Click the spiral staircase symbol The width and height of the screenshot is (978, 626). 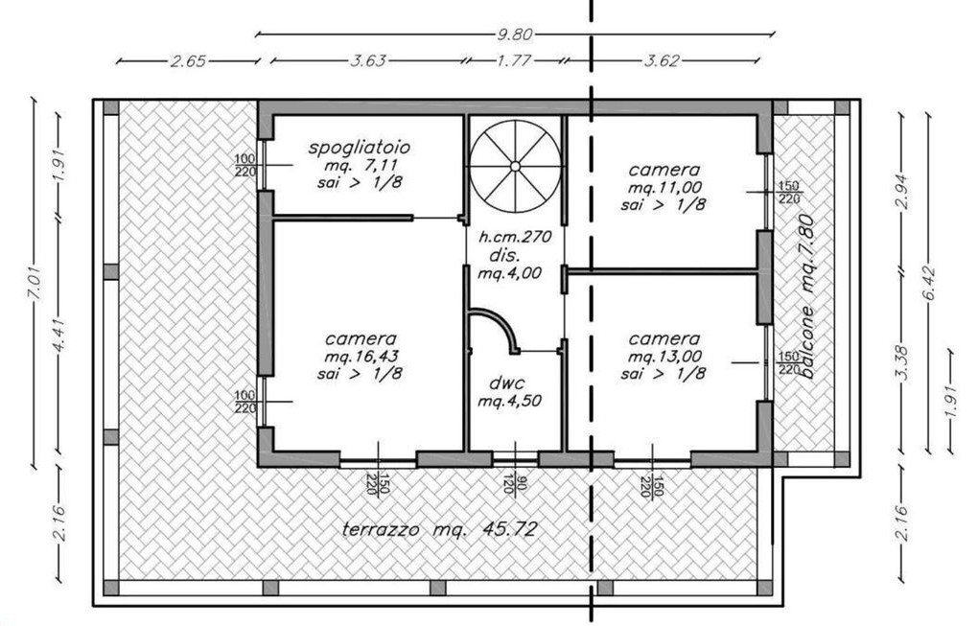515,166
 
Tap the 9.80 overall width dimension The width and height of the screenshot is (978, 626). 515,35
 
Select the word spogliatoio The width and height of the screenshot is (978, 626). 360,148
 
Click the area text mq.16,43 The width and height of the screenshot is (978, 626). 361,356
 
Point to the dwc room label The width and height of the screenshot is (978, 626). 506,383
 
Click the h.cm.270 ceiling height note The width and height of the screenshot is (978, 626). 515,237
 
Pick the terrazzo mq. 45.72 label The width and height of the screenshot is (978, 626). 440,529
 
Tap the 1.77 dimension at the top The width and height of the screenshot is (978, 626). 514,60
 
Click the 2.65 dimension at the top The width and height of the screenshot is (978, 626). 188,61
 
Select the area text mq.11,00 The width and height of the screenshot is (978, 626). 664,187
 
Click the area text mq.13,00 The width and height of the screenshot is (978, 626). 664,356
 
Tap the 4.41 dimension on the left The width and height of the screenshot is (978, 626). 59,336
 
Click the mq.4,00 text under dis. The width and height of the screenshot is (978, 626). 509,273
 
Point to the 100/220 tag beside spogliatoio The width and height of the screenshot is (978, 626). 245,165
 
